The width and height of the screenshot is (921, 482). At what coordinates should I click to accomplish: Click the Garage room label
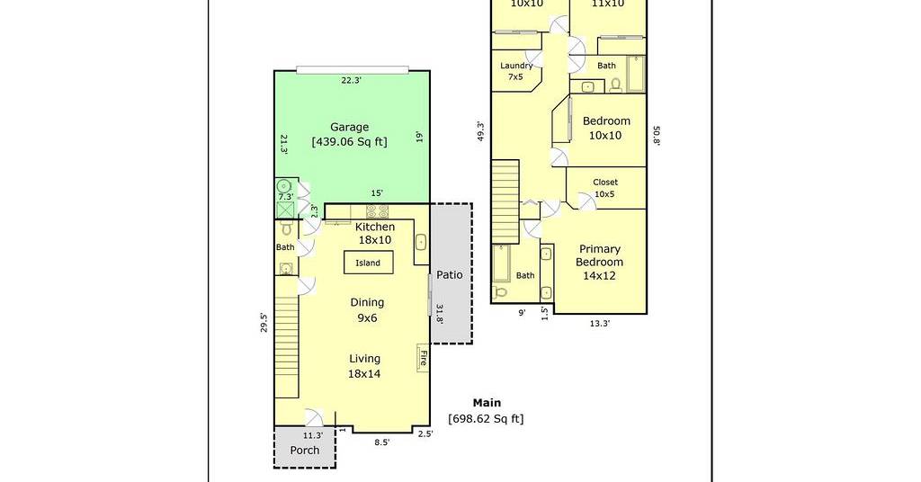pos(350,127)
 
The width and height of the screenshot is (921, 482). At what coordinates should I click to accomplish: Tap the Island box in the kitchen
pos(368,263)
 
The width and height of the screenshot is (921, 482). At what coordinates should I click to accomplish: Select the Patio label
pos(450,275)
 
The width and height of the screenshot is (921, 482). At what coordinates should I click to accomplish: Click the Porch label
pos(305,451)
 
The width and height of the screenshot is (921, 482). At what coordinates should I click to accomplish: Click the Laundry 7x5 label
pos(515,71)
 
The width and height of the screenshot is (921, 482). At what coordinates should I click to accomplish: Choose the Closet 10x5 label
pos(605,188)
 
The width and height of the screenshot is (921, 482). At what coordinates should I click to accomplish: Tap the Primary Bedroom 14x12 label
pos(599,262)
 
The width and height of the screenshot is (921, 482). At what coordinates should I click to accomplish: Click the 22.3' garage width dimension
pos(352,80)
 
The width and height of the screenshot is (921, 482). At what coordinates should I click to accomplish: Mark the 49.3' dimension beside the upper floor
pos(480,131)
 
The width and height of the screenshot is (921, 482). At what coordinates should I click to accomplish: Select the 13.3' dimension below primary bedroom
pos(599,323)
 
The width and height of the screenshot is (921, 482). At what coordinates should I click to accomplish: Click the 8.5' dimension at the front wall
pos(381,442)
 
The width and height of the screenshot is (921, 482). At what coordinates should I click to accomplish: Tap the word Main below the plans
pos(487,403)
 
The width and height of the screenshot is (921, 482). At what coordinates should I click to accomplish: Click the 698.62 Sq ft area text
pos(486,418)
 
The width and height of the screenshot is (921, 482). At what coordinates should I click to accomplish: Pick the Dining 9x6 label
pos(367,310)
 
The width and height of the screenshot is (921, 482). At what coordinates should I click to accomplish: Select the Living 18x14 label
pos(364,366)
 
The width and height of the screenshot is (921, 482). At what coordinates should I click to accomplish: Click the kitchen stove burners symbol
pos(377,211)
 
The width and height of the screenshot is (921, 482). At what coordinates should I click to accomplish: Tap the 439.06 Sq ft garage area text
pos(350,141)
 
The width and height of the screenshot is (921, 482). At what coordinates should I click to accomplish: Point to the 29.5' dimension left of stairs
pos(264,323)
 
